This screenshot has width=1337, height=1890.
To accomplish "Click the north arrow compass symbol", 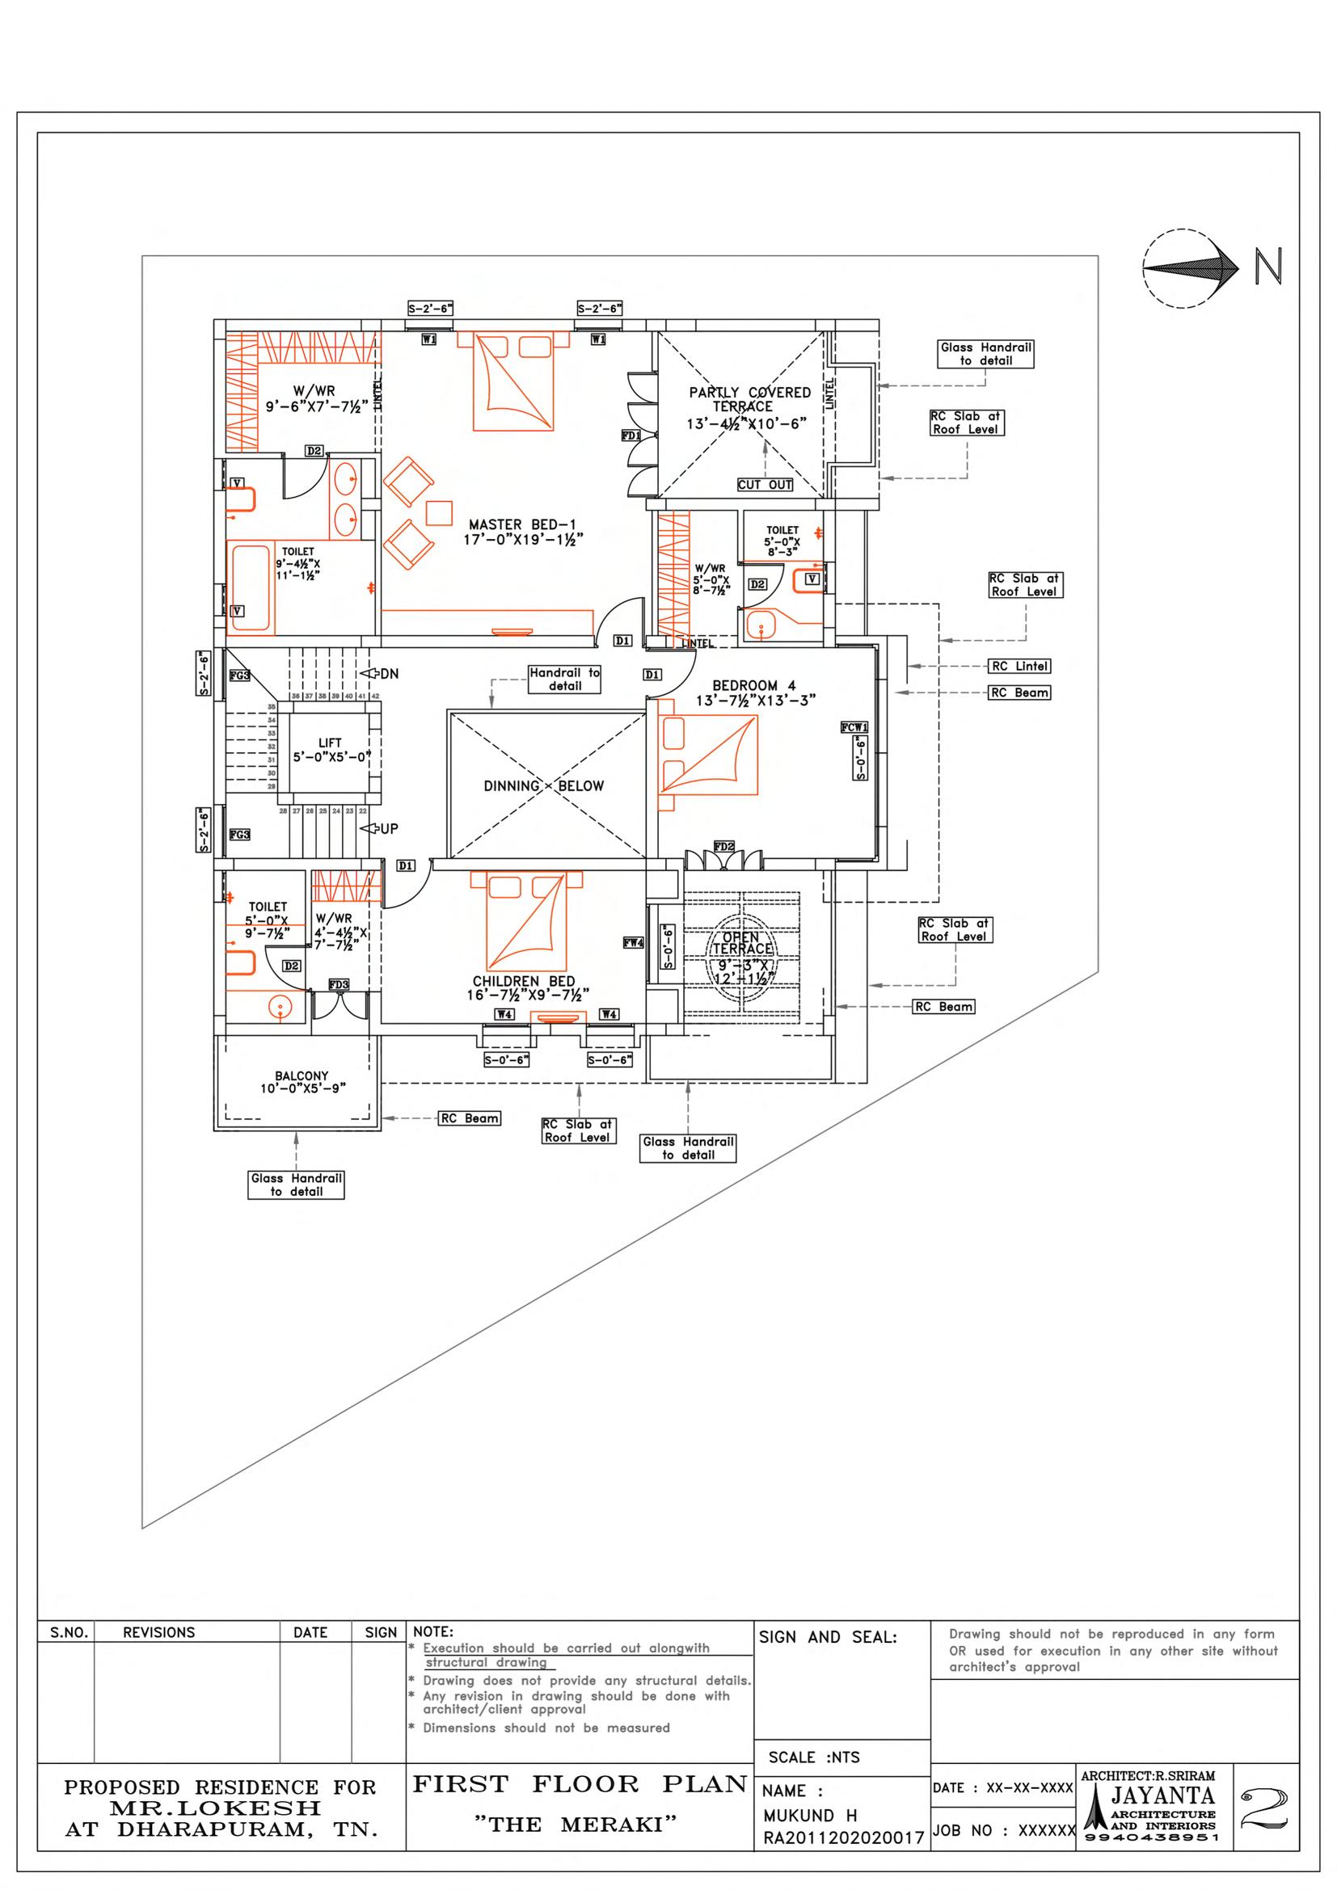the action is (x=1191, y=268).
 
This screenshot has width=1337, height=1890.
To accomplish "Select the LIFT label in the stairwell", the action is (x=330, y=749).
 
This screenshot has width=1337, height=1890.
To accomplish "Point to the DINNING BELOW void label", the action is (x=543, y=786).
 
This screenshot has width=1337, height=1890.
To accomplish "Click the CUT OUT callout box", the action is (x=765, y=485).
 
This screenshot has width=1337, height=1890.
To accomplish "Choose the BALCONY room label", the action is (x=302, y=1082).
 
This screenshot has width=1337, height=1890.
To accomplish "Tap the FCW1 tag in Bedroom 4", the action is (x=854, y=727).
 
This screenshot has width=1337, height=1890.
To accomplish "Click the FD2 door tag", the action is (x=724, y=846).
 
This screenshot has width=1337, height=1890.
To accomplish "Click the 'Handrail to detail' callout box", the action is (x=565, y=679).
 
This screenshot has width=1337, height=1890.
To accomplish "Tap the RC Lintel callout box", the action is (x=1020, y=666).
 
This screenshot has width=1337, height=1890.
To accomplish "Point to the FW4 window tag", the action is (x=633, y=943).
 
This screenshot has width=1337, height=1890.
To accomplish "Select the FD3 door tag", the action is (x=340, y=984).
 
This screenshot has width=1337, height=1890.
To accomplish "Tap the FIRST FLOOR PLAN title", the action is (x=579, y=1785).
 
